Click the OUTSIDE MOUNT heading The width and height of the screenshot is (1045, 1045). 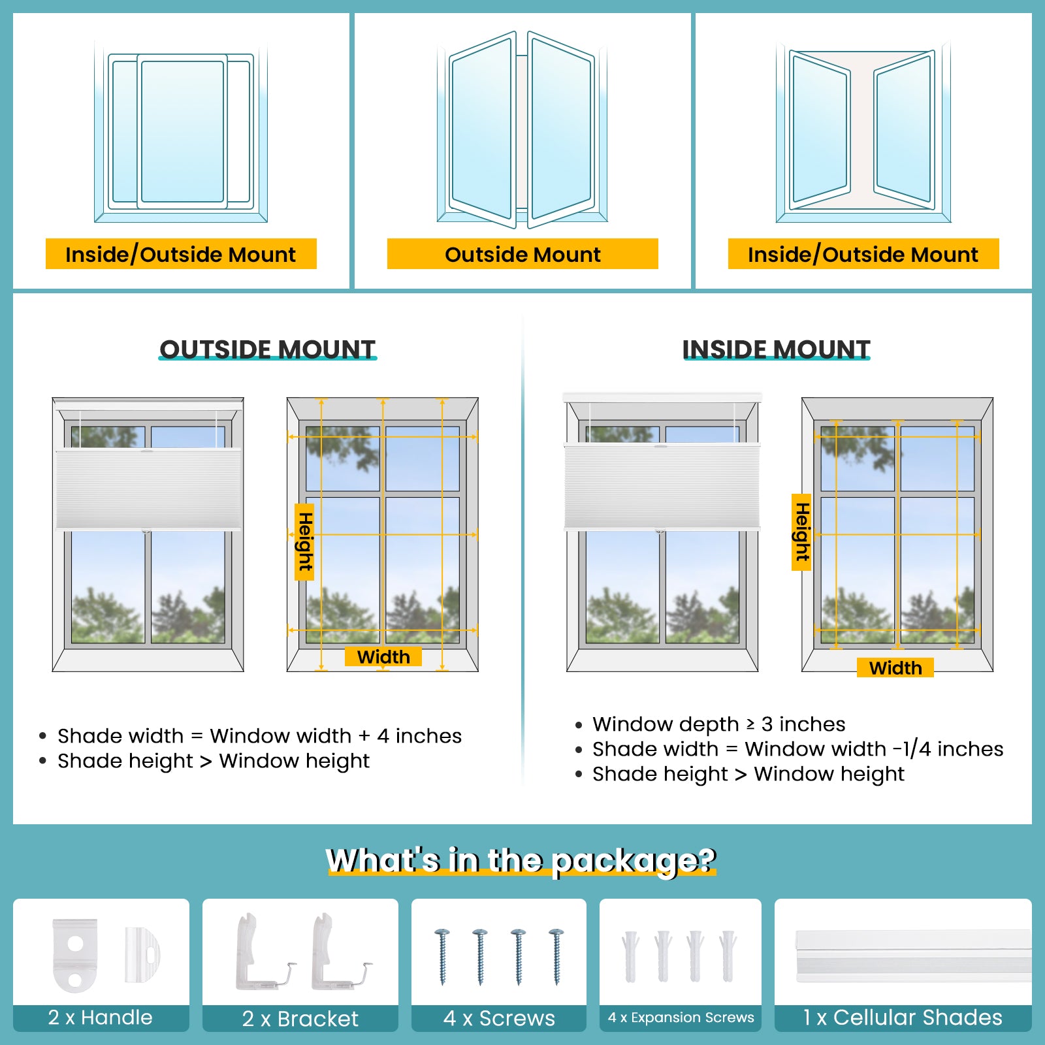pyautogui.click(x=268, y=349)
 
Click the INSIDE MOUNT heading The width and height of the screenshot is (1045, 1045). pyautogui.click(x=776, y=349)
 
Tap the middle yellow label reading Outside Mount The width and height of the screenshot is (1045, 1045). pyautogui.click(x=522, y=254)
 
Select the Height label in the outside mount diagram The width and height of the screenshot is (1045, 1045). pyautogui.click(x=304, y=541)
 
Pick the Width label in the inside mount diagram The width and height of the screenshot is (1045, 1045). pyautogui.click(x=895, y=667)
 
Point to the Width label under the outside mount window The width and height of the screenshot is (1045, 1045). pyautogui.click(x=383, y=656)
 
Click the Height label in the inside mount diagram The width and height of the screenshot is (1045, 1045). pyautogui.click(x=801, y=532)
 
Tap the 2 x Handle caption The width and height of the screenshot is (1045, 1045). pyautogui.click(x=101, y=1017)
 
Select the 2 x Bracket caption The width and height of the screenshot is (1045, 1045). pyautogui.click(x=300, y=1018)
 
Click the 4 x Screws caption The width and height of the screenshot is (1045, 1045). pyautogui.click(x=499, y=1018)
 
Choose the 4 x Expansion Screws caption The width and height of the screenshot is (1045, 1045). pyautogui.click(x=681, y=1017)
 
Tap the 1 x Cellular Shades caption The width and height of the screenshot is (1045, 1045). pyautogui.click(x=903, y=1017)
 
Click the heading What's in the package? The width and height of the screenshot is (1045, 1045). pyautogui.click(x=521, y=860)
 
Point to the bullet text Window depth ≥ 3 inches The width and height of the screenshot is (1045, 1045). pyautogui.click(x=718, y=724)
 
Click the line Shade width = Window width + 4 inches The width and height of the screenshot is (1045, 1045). pyautogui.click(x=259, y=735)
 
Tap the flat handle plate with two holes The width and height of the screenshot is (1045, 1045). pyautogui.click(x=75, y=955)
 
